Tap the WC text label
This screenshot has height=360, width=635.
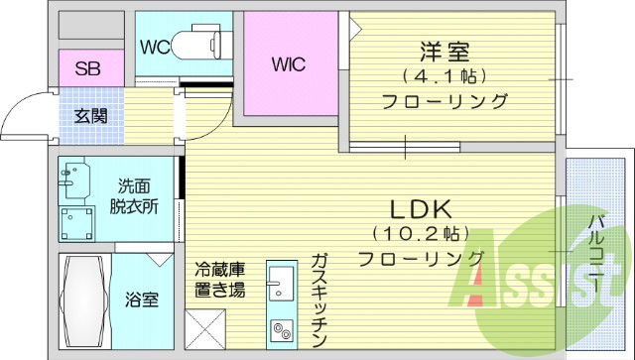[154, 46]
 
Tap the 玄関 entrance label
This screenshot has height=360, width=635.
[90, 113]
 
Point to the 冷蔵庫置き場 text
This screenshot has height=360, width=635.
[220, 281]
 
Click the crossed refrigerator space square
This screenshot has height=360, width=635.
[206, 329]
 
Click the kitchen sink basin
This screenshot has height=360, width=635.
[280, 284]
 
